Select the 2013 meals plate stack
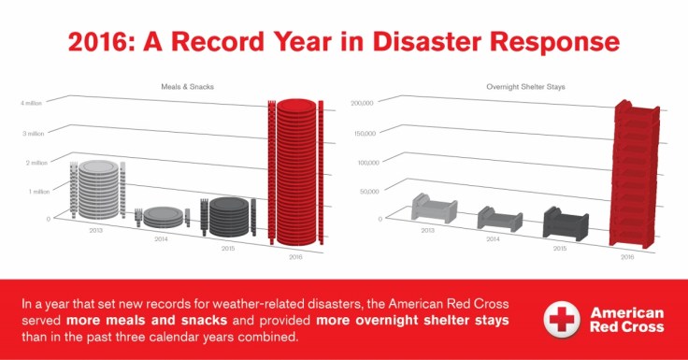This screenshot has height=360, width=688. pyautogui.click(x=96, y=189)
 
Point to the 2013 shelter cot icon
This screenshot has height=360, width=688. pyautogui.click(x=434, y=207)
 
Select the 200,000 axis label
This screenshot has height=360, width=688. pyautogui.click(x=362, y=102)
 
